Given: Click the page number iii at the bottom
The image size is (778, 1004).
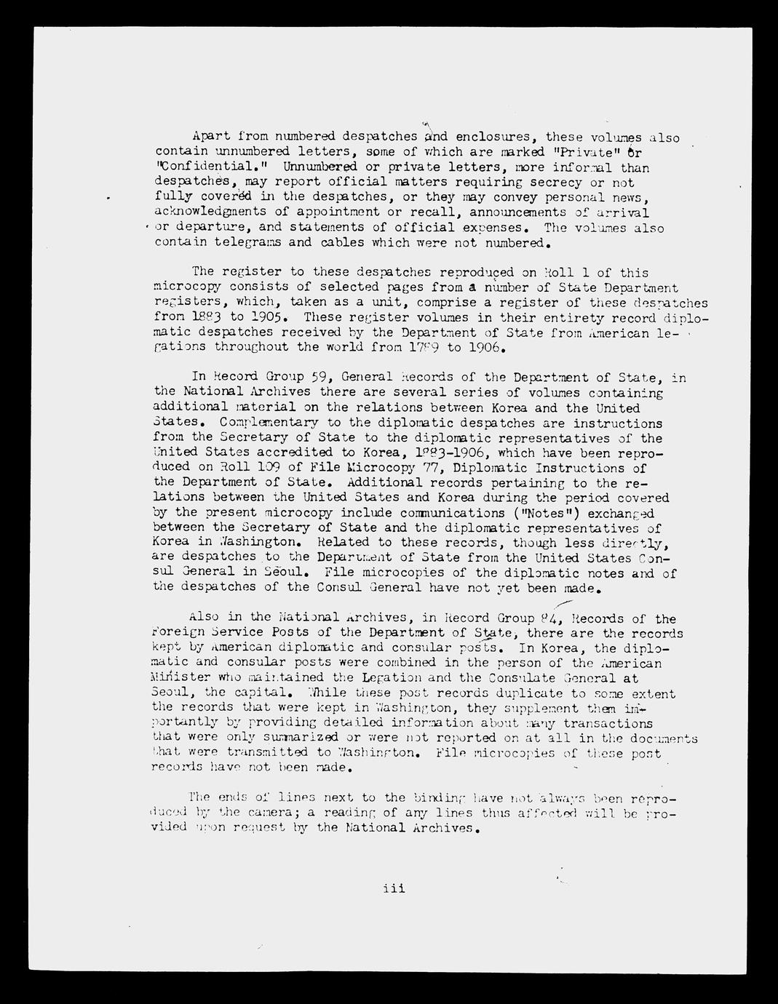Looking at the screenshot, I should coord(394,888).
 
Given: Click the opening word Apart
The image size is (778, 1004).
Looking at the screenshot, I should coord(212,136).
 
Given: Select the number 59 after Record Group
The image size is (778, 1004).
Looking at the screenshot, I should coord(318,377).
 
